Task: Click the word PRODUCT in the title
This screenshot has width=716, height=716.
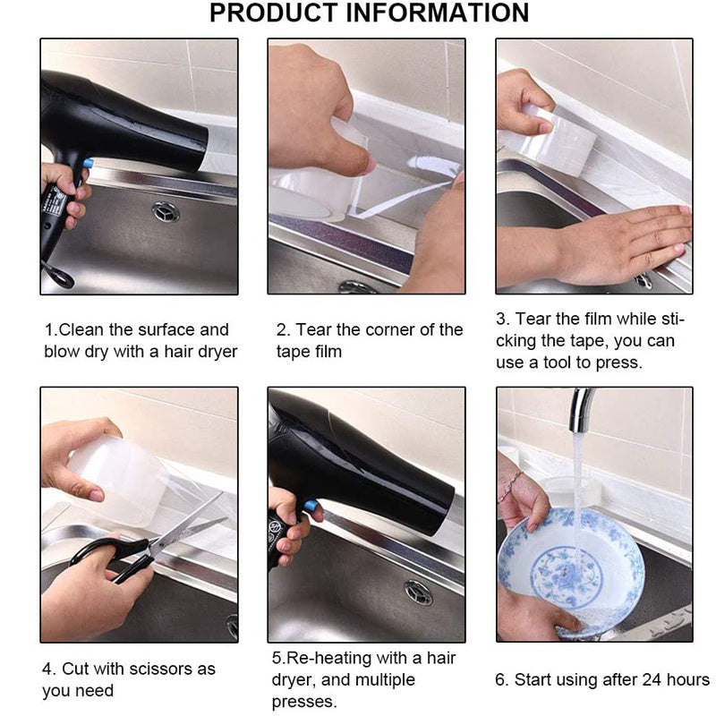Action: [x=274, y=13]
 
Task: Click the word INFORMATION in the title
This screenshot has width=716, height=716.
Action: [x=438, y=13]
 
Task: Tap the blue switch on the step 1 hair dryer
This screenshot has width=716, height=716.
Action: [x=88, y=163]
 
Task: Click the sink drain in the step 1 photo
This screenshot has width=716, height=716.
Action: [x=166, y=211]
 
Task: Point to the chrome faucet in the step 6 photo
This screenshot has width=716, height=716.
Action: [x=581, y=410]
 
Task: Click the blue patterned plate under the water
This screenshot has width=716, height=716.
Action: [x=571, y=571]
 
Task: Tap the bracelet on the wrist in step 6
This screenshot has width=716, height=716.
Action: [x=511, y=486]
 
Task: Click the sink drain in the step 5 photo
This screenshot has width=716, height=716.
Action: [x=418, y=592]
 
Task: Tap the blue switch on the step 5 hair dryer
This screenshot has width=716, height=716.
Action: [x=311, y=506]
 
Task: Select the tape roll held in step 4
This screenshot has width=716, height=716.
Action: [x=118, y=480]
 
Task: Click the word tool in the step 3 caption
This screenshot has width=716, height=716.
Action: [x=558, y=362]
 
